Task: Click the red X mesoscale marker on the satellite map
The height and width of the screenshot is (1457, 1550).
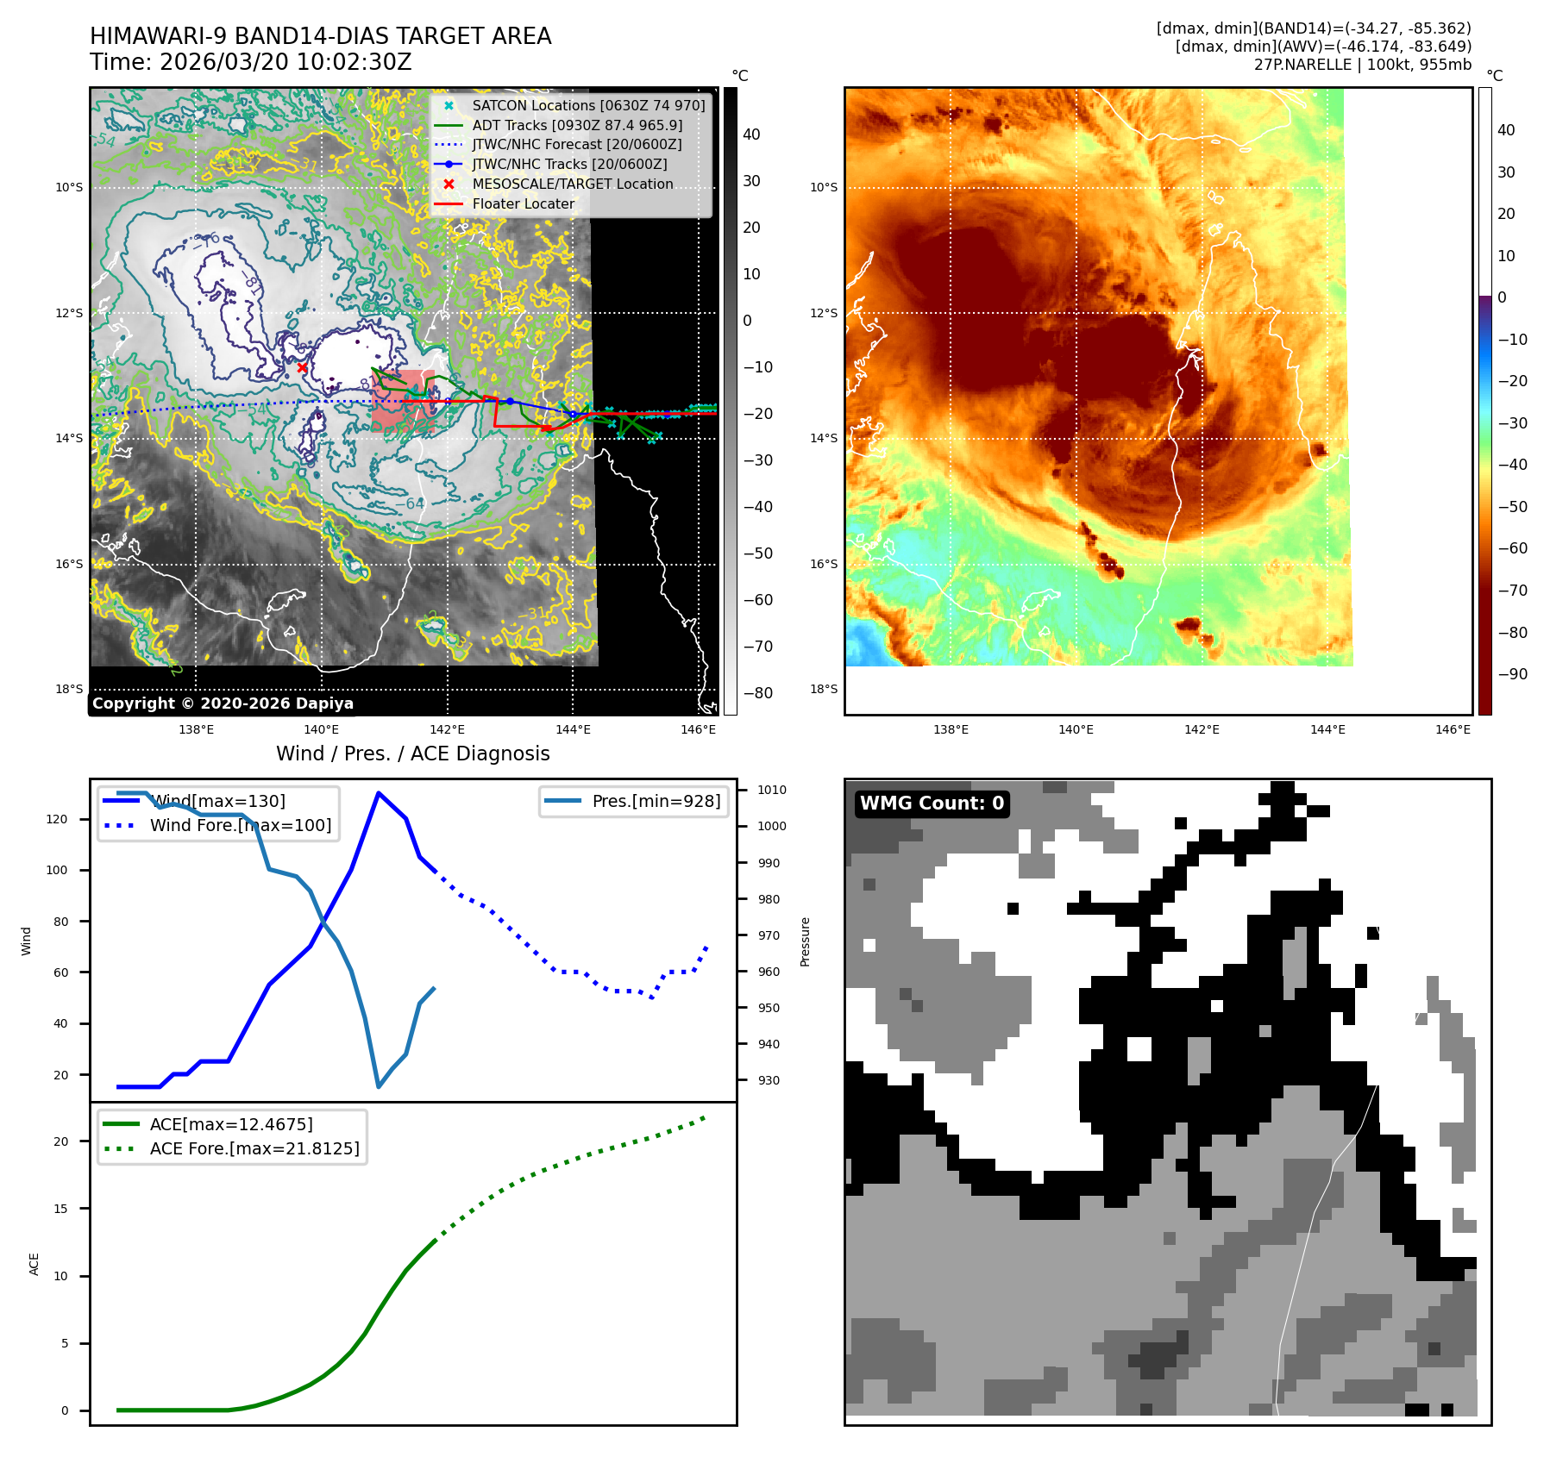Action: tap(302, 367)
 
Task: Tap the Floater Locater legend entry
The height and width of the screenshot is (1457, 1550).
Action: tap(523, 203)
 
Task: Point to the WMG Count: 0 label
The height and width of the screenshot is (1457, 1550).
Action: tap(932, 804)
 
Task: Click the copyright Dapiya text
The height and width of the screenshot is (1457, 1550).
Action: tap(223, 703)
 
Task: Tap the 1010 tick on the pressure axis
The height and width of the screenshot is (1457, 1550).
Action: tap(771, 790)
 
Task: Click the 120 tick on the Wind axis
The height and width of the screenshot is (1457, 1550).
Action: tap(57, 819)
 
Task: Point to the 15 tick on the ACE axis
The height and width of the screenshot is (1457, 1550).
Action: tap(60, 1209)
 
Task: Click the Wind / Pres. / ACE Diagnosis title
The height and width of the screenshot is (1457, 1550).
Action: tap(412, 754)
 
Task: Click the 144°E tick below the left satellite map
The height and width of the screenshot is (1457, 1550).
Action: tap(573, 729)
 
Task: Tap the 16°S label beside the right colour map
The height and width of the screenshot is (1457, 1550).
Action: tap(823, 564)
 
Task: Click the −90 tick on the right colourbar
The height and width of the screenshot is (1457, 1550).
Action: tap(1512, 674)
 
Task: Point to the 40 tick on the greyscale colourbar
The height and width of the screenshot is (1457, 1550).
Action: tap(751, 134)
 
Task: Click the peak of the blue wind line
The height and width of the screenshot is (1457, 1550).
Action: tap(378, 792)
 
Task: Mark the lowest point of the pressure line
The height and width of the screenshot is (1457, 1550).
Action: tap(378, 1086)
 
